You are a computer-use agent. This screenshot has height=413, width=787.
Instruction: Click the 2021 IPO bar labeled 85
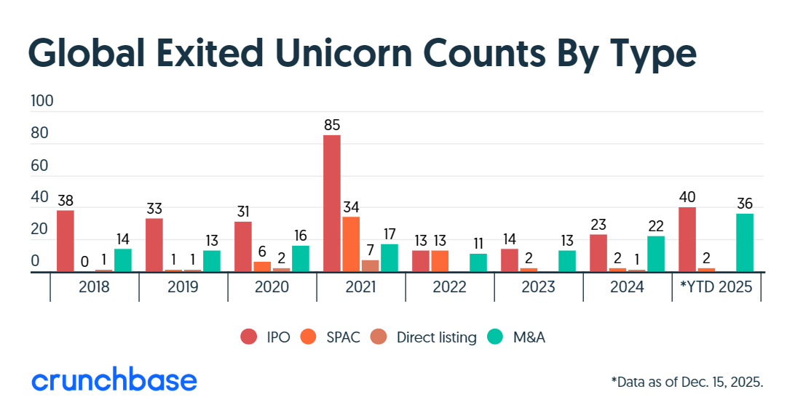click(x=332, y=204)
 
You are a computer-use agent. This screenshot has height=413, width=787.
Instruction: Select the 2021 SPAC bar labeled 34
click(x=351, y=244)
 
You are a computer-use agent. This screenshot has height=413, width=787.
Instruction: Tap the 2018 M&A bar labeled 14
click(x=123, y=260)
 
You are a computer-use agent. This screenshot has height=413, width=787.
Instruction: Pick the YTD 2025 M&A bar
click(x=745, y=243)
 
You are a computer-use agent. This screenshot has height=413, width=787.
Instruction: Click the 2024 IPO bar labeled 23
click(x=598, y=253)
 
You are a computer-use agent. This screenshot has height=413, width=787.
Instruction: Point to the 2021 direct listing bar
click(x=371, y=266)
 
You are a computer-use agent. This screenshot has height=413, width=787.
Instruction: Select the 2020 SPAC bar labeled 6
click(x=262, y=267)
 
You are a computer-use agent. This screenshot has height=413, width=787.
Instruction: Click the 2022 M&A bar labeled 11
click(x=478, y=262)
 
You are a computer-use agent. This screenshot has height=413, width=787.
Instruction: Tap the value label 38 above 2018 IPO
click(x=66, y=200)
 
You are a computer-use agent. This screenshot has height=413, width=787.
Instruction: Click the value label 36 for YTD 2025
click(x=744, y=204)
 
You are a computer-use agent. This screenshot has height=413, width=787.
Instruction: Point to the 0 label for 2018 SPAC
click(x=84, y=261)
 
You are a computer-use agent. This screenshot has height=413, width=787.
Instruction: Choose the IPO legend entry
click(x=266, y=337)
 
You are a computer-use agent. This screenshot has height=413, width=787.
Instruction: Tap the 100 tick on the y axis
click(x=42, y=101)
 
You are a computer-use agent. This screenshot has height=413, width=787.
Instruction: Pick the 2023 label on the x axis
click(x=539, y=287)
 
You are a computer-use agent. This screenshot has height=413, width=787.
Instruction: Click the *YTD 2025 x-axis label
click(x=716, y=287)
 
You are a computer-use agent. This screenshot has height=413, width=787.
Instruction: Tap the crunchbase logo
click(x=114, y=380)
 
